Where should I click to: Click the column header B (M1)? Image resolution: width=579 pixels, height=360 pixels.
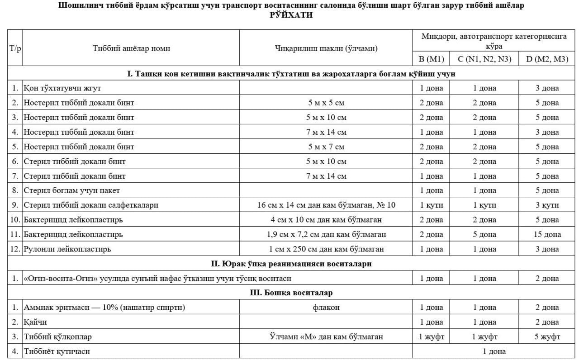tap(431, 59)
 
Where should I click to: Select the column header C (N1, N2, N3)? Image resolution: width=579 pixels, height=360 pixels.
tap(484, 59)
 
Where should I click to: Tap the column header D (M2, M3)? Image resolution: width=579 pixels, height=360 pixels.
tap(547, 59)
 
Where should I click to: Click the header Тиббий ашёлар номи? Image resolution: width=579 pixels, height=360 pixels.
tap(131, 48)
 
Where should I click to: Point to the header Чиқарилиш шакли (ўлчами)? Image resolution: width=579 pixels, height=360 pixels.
tap(326, 48)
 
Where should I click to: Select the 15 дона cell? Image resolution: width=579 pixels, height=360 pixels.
tap(547, 234)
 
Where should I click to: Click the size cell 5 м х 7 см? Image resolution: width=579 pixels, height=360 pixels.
tap(326, 147)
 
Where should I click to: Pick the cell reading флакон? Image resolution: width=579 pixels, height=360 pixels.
tap(326, 308)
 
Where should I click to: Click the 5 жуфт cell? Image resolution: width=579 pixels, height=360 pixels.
tap(547, 337)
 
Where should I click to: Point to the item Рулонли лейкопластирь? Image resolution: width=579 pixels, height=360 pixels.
tap(67, 249)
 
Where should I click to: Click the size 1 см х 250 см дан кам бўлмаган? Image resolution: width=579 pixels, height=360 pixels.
tap(326, 249)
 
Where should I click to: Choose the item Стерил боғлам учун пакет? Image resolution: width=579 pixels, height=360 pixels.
tap(71, 190)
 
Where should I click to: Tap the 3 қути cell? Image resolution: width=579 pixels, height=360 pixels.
tap(547, 205)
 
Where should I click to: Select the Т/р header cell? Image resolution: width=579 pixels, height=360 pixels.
tap(15, 48)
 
